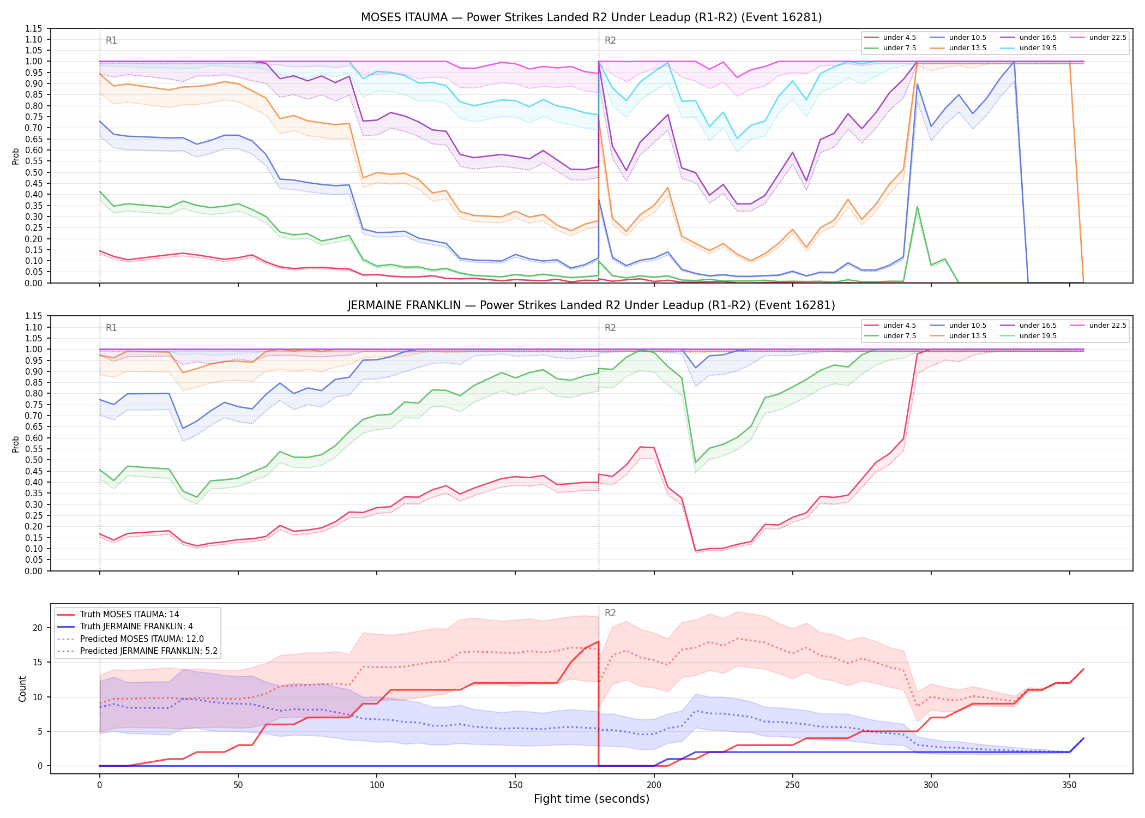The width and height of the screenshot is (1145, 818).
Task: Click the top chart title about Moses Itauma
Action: (591, 17)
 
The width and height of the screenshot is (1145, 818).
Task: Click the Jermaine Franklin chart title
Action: (591, 305)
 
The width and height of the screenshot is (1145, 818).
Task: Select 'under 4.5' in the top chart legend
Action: (899, 38)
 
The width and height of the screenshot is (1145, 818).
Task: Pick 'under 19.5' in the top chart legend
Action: (1038, 48)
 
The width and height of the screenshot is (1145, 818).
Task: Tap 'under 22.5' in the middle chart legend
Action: (1107, 326)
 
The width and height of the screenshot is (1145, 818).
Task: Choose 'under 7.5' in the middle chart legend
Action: (899, 336)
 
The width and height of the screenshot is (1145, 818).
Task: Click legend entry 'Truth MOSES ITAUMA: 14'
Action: (129, 615)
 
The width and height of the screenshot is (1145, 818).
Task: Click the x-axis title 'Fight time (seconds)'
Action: (592, 799)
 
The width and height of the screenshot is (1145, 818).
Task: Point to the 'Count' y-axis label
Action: (22, 689)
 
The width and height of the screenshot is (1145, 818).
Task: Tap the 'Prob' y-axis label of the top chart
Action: (16, 157)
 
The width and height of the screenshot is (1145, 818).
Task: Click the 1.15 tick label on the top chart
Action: (34, 29)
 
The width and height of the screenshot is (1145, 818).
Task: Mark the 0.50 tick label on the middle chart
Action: (34, 460)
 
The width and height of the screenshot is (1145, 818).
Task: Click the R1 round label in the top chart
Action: (111, 40)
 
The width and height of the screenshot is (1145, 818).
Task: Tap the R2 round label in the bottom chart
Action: (610, 613)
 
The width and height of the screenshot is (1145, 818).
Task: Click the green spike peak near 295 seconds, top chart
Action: (917, 206)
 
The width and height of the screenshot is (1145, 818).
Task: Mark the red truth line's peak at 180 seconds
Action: (599, 641)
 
